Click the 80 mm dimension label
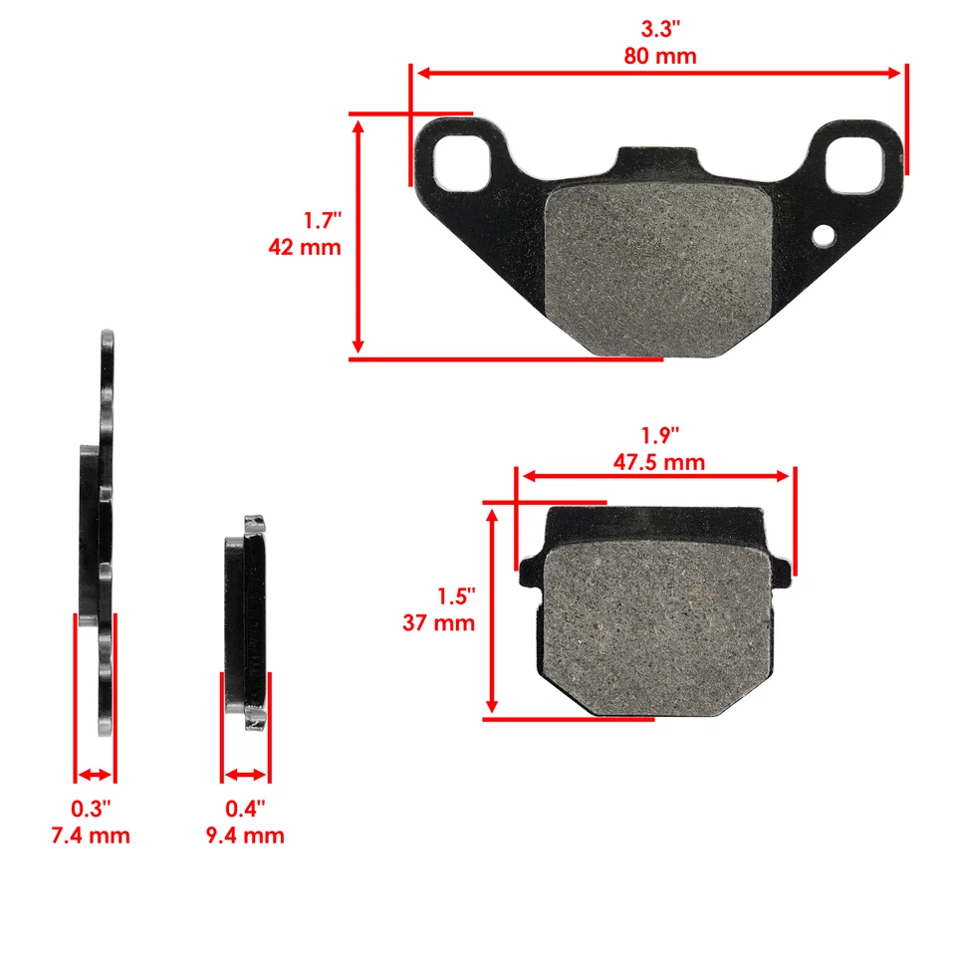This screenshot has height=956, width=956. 659,56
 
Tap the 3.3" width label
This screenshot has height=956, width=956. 659,28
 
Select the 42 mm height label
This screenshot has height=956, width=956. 305,246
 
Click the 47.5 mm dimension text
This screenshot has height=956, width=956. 658,462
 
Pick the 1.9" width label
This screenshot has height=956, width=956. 659,435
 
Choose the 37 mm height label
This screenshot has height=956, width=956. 439,623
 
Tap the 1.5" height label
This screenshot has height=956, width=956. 456,596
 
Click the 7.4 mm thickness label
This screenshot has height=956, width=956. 91,835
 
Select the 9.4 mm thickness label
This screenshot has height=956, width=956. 244,835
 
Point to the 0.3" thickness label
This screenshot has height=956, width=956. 92,807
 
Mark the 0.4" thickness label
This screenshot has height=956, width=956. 245,807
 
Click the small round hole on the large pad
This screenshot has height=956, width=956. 824,236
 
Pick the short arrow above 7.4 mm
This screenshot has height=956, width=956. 96,775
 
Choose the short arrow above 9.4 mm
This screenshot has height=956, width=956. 245,775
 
